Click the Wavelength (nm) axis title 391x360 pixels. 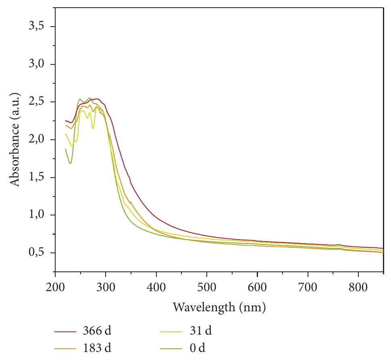pos(219,308)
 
